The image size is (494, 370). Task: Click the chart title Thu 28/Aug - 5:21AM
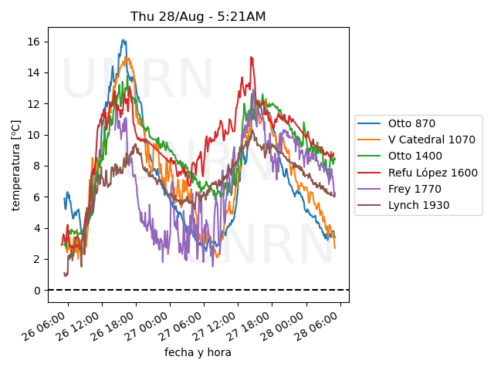pos(198,16)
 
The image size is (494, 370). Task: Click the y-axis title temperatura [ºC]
pos(16,164)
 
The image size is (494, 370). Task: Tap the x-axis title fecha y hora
pos(198,352)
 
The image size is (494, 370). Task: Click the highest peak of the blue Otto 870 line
pos(123,40)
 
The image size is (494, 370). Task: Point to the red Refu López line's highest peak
pos(251,57)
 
